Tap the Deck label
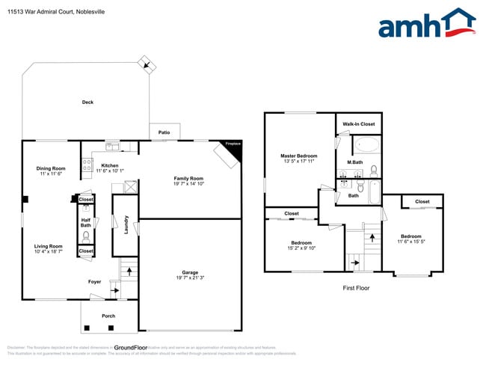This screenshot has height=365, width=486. click(x=87, y=102)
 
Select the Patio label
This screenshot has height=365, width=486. click(x=164, y=132)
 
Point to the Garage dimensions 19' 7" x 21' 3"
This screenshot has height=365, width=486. click(x=190, y=278)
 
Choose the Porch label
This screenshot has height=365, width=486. click(x=108, y=316)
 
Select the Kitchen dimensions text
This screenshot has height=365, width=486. click(x=110, y=171)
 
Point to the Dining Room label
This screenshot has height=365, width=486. click(x=51, y=168)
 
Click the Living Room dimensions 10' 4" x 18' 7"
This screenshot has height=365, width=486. click(x=48, y=252)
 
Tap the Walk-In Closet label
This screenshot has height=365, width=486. click(x=359, y=124)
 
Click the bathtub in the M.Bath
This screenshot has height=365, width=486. click(x=367, y=145)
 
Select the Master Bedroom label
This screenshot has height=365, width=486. click(x=299, y=156)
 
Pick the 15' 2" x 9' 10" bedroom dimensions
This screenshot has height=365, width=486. click(x=301, y=248)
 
